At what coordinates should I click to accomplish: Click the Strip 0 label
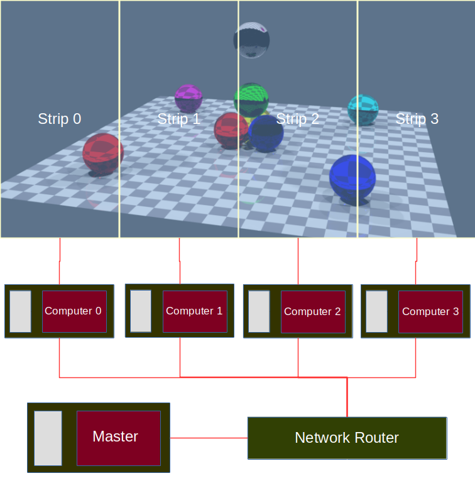[x=60, y=119]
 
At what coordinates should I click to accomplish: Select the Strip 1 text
[x=178, y=119]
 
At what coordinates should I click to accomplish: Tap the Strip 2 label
[x=298, y=119]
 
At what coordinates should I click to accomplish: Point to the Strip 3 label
[x=417, y=119]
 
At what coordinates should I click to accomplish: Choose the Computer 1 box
[x=195, y=311]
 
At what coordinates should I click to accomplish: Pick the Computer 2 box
[x=313, y=311]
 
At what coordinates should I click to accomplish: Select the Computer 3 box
[x=430, y=311]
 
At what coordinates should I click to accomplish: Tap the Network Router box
[x=347, y=438]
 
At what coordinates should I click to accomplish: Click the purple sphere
[x=188, y=99]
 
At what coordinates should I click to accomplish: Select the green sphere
[x=252, y=99]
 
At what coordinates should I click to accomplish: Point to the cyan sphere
[x=363, y=110]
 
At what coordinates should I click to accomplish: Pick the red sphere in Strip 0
[x=103, y=153]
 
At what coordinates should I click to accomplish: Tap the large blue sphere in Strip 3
[x=352, y=179]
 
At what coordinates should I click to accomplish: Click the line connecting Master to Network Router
[x=209, y=438]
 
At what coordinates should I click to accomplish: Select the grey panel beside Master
[x=48, y=438]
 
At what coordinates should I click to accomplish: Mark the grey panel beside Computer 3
[x=377, y=311]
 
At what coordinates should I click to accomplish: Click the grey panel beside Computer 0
[x=21, y=311]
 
